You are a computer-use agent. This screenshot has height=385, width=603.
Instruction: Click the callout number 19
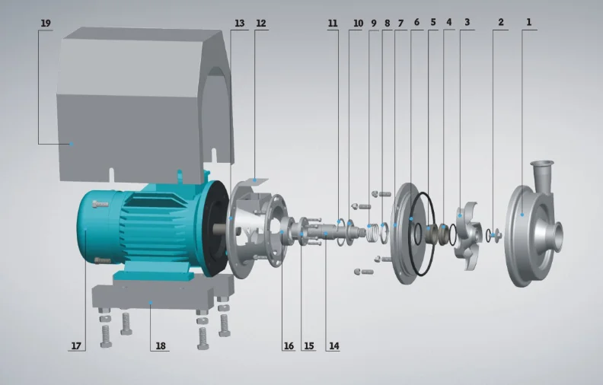(x=46, y=24)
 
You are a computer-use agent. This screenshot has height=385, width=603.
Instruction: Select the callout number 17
(x=75, y=346)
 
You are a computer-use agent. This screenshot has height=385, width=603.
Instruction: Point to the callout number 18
(x=160, y=346)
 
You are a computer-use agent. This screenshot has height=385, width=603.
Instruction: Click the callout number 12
(x=261, y=24)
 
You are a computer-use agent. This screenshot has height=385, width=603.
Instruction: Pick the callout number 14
(x=333, y=346)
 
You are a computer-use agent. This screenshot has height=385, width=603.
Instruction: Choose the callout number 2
(x=500, y=23)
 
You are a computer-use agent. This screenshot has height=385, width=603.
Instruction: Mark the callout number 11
(x=333, y=24)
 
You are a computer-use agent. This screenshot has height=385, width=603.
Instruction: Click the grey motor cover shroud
(x=137, y=99)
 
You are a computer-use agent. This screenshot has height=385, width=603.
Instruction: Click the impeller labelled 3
(x=466, y=228)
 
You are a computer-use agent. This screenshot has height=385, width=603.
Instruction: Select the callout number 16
(x=288, y=346)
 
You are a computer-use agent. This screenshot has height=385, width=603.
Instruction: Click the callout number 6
(x=416, y=23)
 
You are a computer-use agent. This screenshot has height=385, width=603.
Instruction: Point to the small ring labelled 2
(x=496, y=235)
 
